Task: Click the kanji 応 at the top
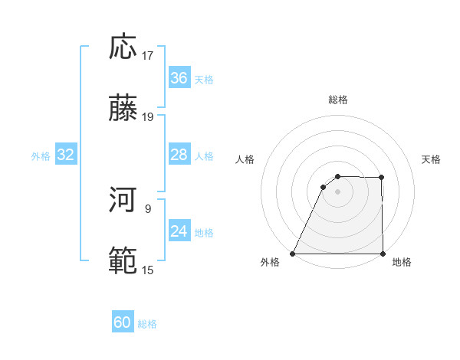click(123, 47)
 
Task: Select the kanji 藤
click(123, 110)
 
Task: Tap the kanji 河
click(123, 200)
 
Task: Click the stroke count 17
click(148, 56)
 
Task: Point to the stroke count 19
click(148, 117)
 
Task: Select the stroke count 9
click(148, 208)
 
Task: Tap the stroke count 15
click(148, 270)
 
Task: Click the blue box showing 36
click(179, 78)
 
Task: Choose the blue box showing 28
click(179, 155)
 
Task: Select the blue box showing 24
click(179, 231)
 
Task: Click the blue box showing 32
click(66, 155)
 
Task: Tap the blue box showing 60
click(123, 322)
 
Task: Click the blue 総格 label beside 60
click(147, 324)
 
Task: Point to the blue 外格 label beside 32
click(41, 156)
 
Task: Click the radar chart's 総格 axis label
click(338, 100)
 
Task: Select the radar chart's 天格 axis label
click(432, 159)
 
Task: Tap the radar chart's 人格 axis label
click(245, 159)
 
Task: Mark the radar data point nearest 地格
click(383, 254)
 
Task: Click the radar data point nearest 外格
click(293, 254)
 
